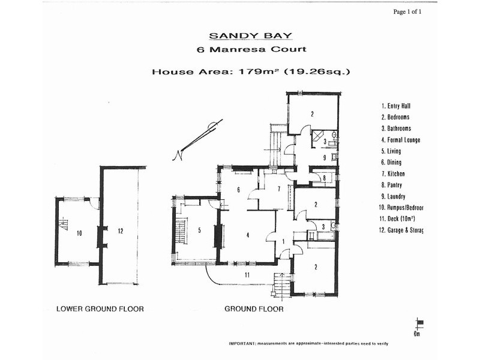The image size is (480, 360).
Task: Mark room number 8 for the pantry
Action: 324,178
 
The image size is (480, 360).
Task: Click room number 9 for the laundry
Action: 325,158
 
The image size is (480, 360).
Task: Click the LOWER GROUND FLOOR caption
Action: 100,310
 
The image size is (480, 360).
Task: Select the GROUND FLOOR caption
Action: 254,310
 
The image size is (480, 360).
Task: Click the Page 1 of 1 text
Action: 411,11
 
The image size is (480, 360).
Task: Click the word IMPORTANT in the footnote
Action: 242,344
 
